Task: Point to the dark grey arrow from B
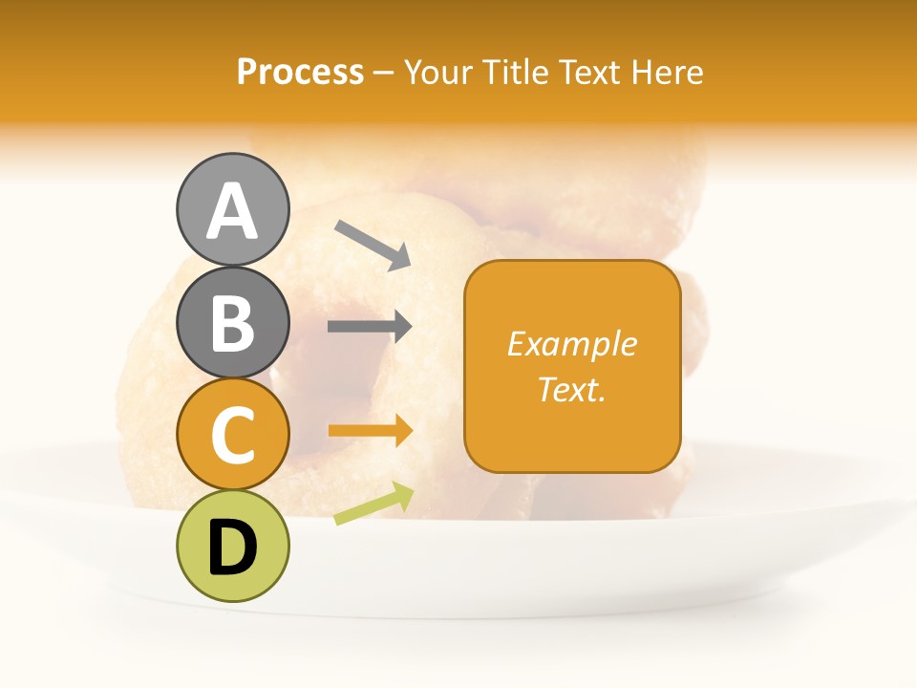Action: pyautogui.click(x=370, y=327)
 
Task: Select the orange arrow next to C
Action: pyautogui.click(x=371, y=431)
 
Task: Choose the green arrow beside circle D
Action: pyautogui.click(x=373, y=504)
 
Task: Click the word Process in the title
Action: pyautogui.click(x=300, y=72)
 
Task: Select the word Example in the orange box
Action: pyautogui.click(x=571, y=344)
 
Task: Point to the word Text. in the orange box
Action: pyautogui.click(x=571, y=389)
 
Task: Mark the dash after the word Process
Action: pyautogui.click(x=384, y=73)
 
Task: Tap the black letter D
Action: pyautogui.click(x=233, y=548)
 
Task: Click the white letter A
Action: pyautogui.click(x=233, y=211)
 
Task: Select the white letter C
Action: pyautogui.click(x=233, y=437)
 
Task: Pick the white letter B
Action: pyautogui.click(x=233, y=323)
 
